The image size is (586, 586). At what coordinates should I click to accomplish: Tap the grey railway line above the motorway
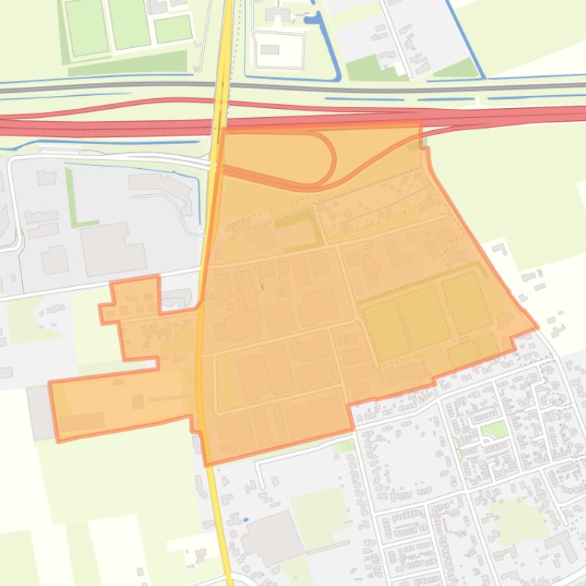tap(114, 89)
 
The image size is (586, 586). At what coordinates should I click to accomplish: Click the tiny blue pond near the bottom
tap(245, 520)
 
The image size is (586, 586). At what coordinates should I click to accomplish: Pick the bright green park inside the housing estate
tap(494, 431)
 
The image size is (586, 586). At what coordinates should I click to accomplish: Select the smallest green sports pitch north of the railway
tap(173, 29)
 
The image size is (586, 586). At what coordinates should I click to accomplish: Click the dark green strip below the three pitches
tap(127, 62)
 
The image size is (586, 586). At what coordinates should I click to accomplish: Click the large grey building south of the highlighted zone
tap(272, 537)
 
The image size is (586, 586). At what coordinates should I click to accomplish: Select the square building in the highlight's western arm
tap(138, 401)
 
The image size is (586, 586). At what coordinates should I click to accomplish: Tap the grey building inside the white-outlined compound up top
tap(269, 50)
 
